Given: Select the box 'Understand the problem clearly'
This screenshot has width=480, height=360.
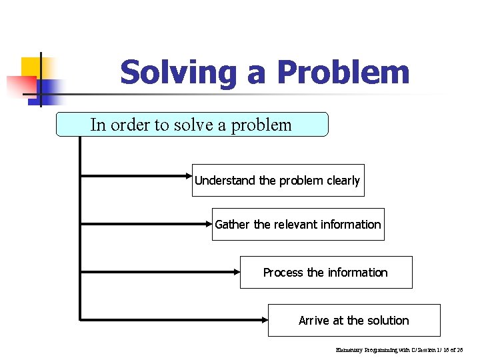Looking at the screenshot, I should coord(277,181).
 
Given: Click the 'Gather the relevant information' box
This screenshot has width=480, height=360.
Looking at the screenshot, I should coord(297,225).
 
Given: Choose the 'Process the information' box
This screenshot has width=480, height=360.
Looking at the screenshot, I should coord(325,273).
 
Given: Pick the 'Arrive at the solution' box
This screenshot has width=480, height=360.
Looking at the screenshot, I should coord(353,321).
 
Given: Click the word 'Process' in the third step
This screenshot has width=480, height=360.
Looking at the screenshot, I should coord(283,273).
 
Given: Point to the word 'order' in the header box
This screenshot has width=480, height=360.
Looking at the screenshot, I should coord(131,125).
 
